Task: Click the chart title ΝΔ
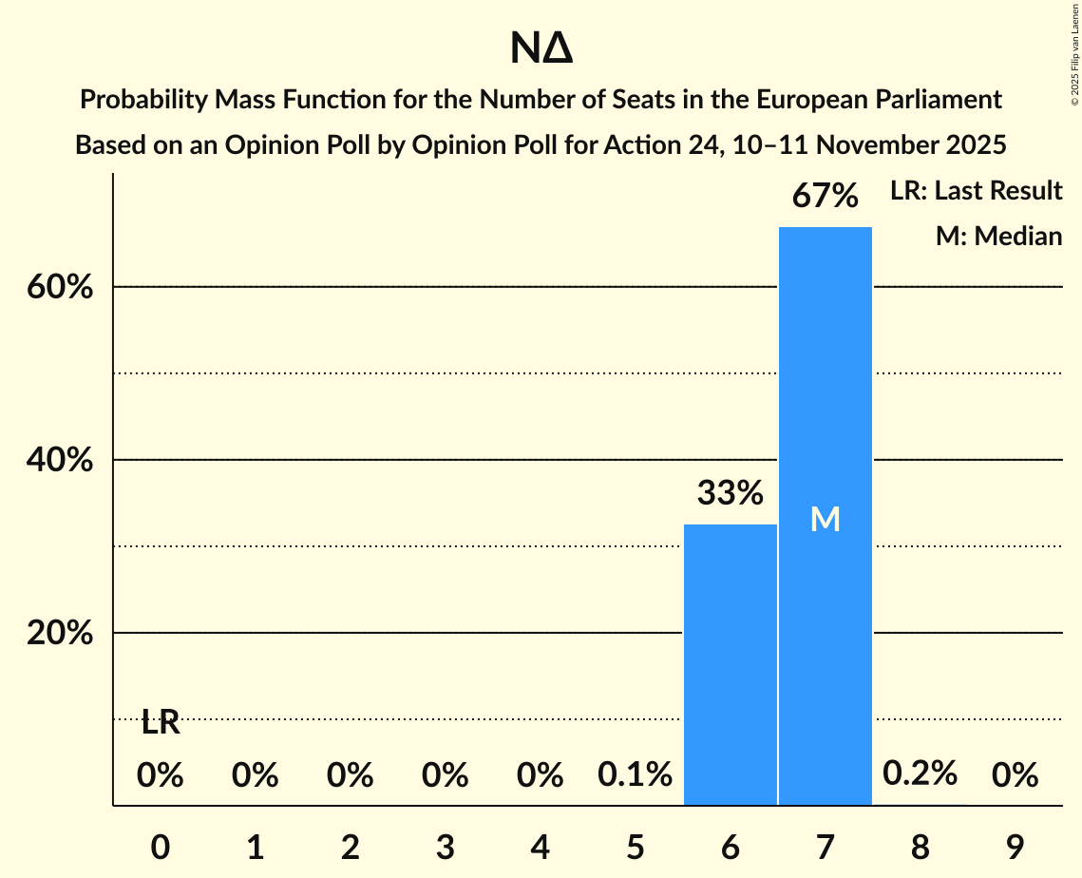click(541, 49)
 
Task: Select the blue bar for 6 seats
click(731, 664)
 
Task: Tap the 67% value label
click(826, 197)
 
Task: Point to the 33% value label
click(731, 493)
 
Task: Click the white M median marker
click(826, 519)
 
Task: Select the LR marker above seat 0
click(161, 723)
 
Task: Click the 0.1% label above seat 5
click(636, 776)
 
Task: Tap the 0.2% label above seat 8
click(920, 774)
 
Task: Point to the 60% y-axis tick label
click(60, 287)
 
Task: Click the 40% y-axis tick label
click(60, 460)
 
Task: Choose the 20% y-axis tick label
click(60, 633)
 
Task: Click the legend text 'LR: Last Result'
click(976, 191)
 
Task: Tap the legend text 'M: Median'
click(998, 236)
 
